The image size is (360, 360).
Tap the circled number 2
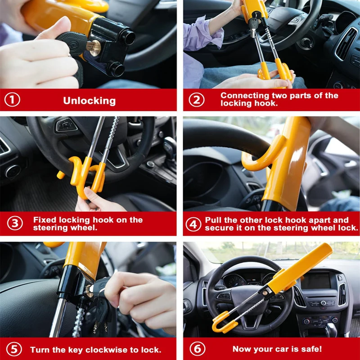[x=196, y=100]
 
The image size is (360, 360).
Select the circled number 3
[x=15, y=224]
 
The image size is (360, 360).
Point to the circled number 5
[x=14, y=350]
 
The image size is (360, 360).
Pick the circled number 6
[x=196, y=349]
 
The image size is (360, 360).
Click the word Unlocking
[x=89, y=101]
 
